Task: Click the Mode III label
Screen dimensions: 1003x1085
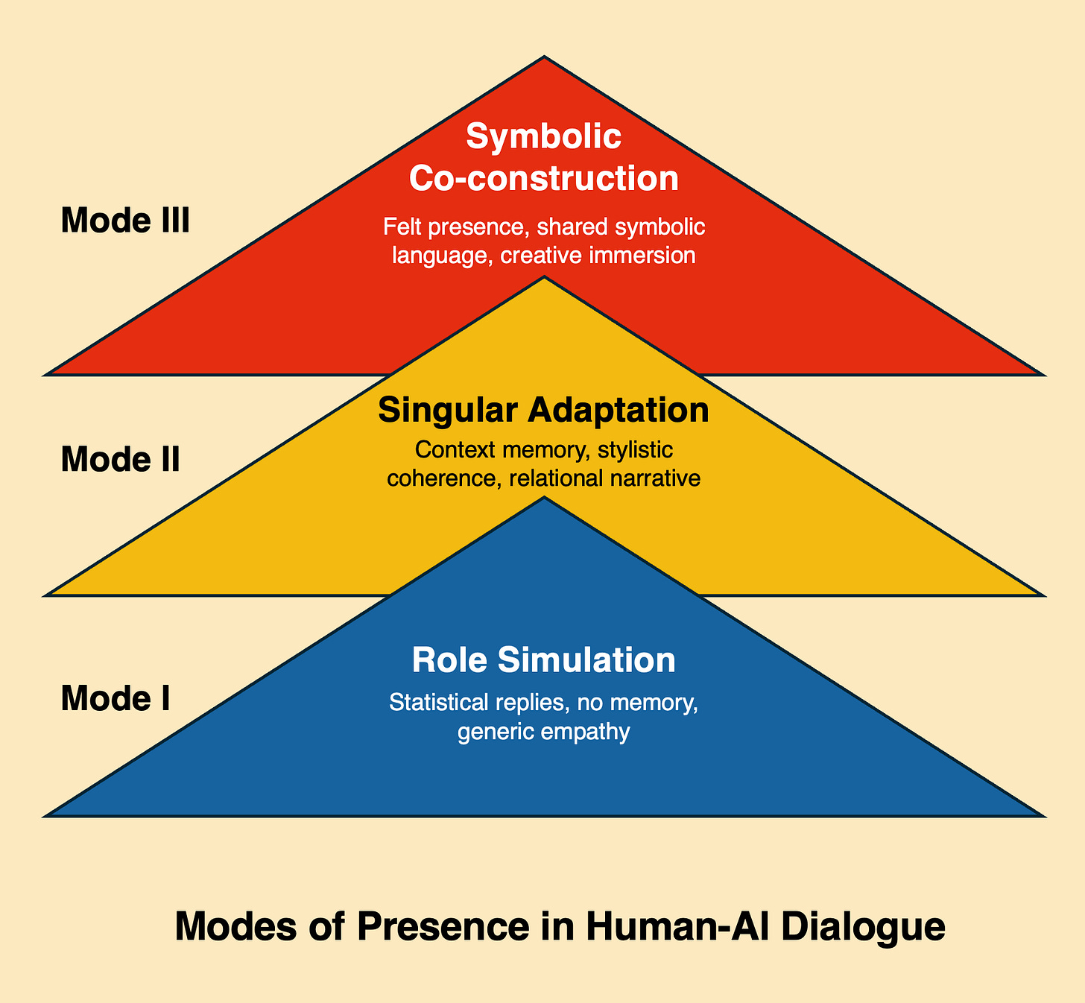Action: (x=125, y=221)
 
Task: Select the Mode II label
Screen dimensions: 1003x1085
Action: (x=120, y=459)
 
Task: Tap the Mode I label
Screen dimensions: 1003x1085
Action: (x=116, y=698)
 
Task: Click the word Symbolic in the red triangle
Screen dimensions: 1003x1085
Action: (x=544, y=136)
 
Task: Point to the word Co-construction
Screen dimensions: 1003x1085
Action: (x=544, y=179)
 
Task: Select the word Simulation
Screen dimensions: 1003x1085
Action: (x=586, y=660)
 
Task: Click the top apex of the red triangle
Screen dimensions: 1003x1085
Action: (x=545, y=57)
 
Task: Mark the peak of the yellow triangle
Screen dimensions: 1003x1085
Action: (x=545, y=278)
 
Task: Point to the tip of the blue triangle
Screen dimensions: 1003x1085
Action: (x=545, y=499)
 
